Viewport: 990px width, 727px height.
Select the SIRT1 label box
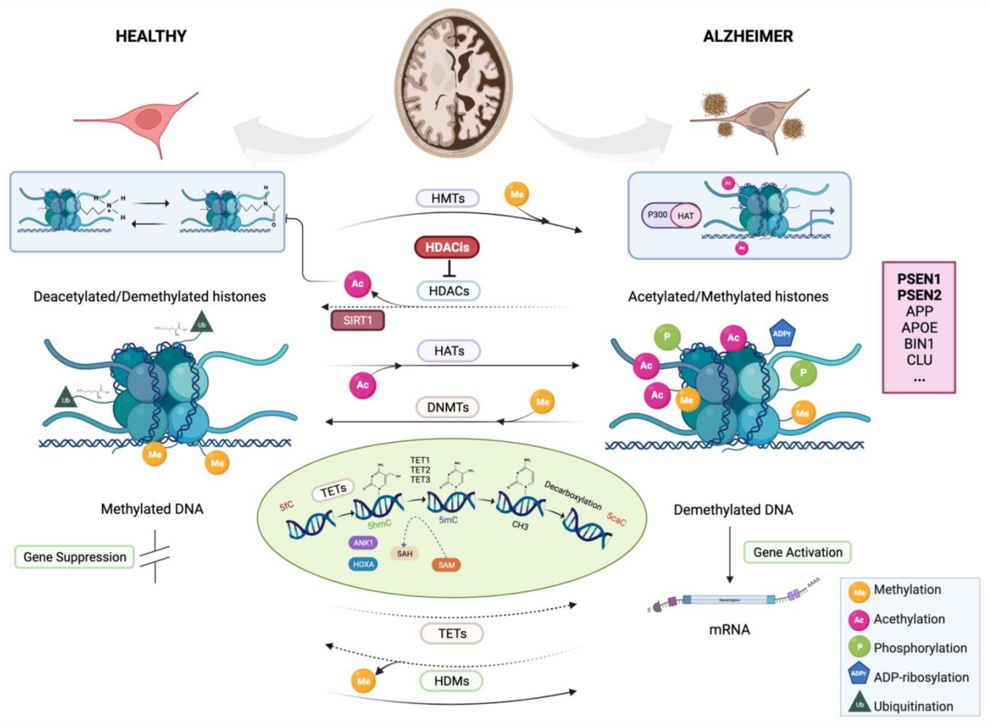(357, 320)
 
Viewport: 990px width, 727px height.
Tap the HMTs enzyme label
(447, 198)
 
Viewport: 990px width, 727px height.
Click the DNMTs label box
(447, 407)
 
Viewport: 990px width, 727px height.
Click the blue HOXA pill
(363, 564)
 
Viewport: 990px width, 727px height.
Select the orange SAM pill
(446, 565)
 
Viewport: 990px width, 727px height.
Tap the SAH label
(404, 554)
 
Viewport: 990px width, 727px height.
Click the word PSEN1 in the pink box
(919, 279)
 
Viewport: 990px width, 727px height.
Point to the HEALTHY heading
(151, 36)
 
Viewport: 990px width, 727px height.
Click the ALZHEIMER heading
(748, 36)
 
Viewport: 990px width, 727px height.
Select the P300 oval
(657, 215)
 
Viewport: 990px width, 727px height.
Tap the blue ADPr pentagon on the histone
(782, 335)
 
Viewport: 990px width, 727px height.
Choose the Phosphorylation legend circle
(859, 647)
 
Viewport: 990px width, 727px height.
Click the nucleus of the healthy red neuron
(148, 119)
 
